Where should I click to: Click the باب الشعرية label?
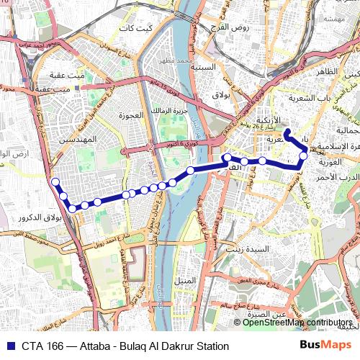[x=310, y=97]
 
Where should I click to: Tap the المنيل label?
[x=185, y=279]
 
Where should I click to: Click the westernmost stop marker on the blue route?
[x=53, y=181]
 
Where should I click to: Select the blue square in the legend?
[x=10, y=346]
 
